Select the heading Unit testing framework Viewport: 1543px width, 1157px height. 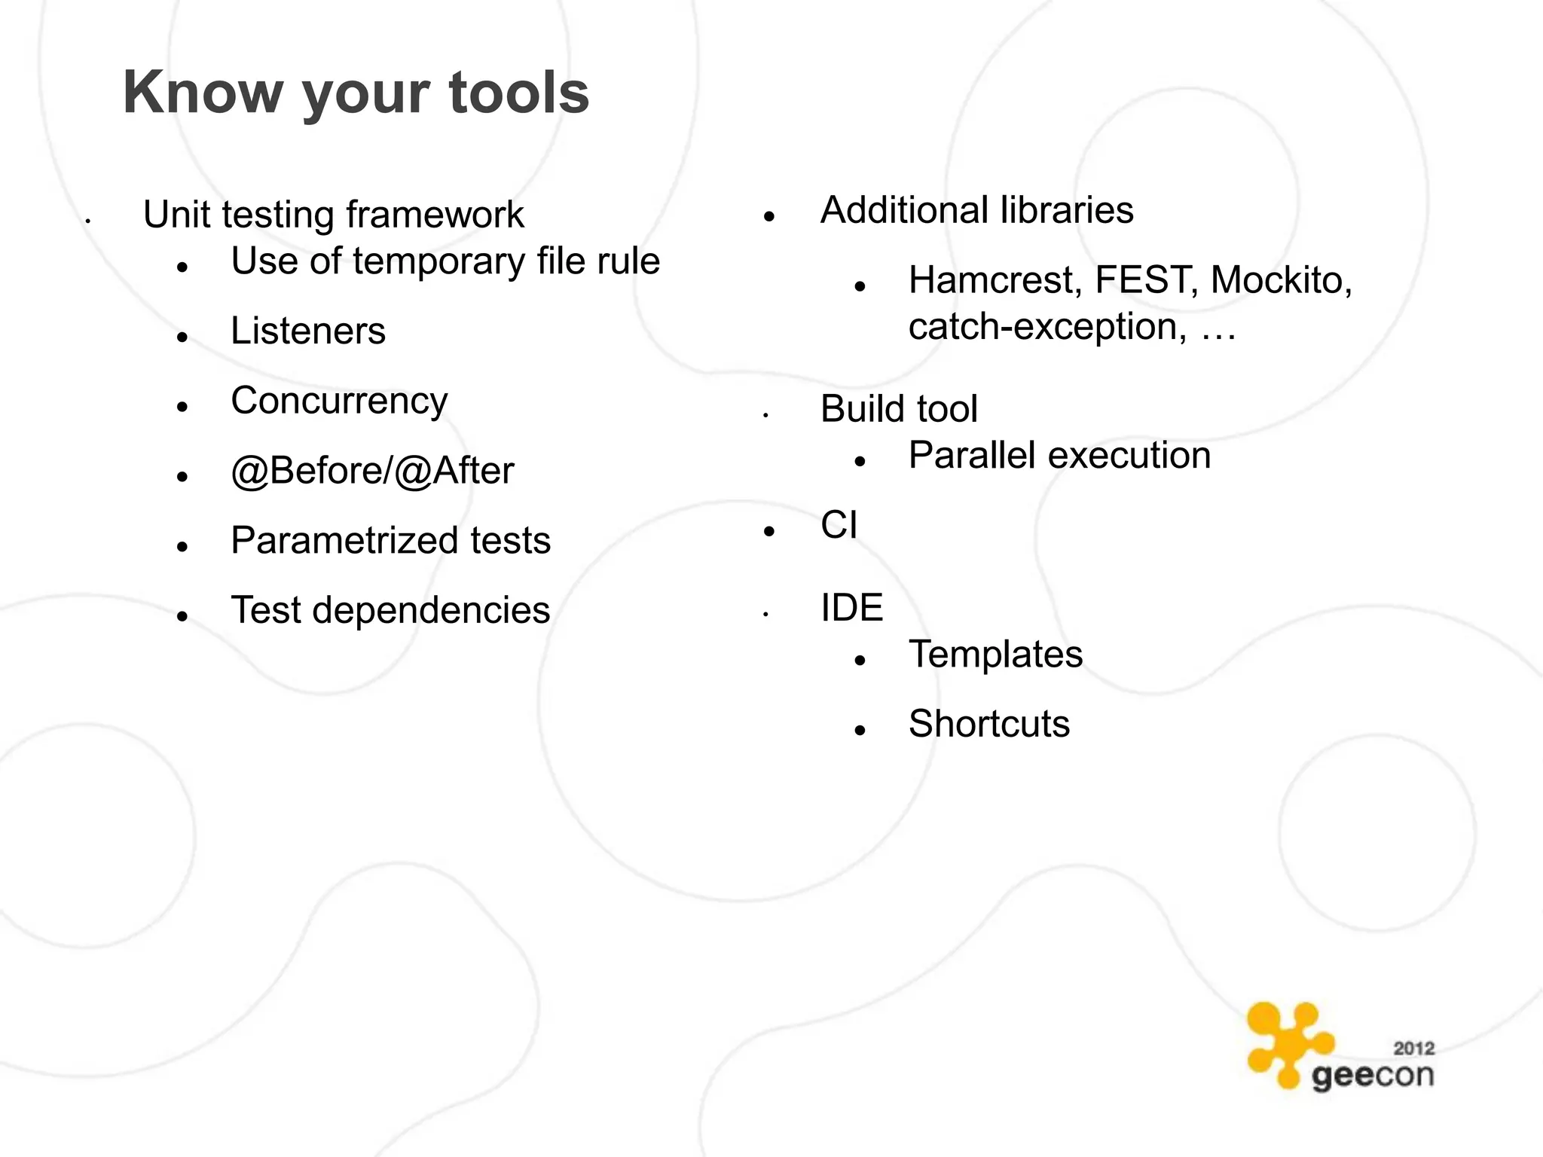(x=333, y=215)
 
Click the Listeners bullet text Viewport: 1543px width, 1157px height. (x=307, y=331)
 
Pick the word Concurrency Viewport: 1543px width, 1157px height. (x=339, y=401)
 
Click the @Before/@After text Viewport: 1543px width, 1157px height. (x=372, y=472)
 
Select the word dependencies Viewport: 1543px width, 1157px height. (x=431, y=610)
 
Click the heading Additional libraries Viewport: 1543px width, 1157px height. (x=976, y=210)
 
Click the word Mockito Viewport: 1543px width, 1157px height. (x=1280, y=280)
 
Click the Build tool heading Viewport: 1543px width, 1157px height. (x=898, y=409)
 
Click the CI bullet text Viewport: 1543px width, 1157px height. (x=839, y=525)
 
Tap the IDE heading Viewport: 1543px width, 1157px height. (x=851, y=608)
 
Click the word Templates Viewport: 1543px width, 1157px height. (x=995, y=654)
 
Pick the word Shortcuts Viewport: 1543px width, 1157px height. (x=988, y=724)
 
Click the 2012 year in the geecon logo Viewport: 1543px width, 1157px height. (x=1413, y=1049)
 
